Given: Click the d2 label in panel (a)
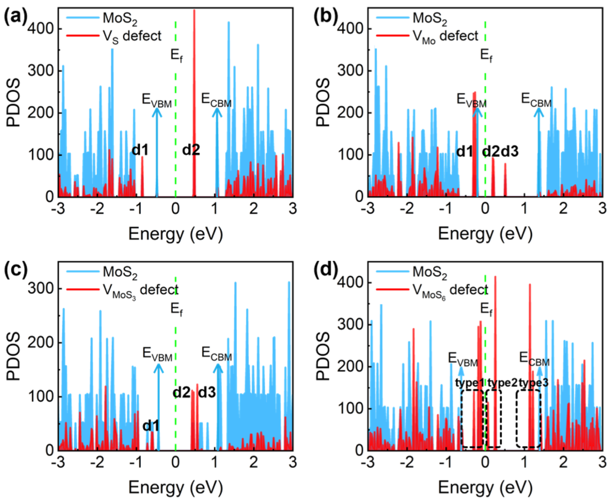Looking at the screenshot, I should (x=191, y=150).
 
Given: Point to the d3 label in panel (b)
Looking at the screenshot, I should (x=510, y=152).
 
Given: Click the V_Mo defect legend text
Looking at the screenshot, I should (x=445, y=36).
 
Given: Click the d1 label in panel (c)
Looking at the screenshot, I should (x=151, y=426).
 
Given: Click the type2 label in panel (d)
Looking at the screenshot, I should (x=502, y=383).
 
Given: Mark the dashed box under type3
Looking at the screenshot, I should (x=528, y=419).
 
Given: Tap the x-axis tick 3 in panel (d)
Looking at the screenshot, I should (x=602, y=462).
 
